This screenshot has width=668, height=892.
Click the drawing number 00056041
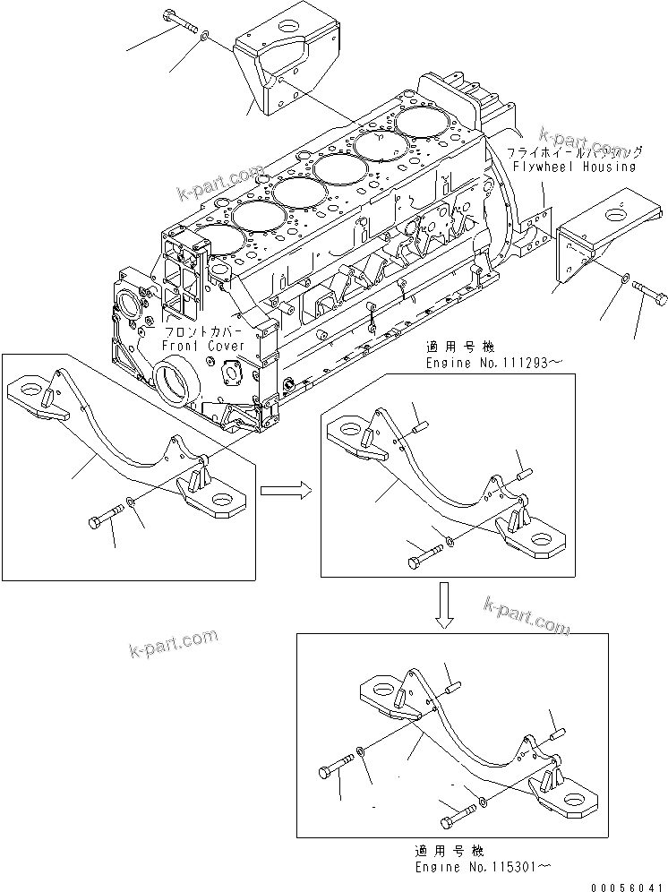coord(628,883)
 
